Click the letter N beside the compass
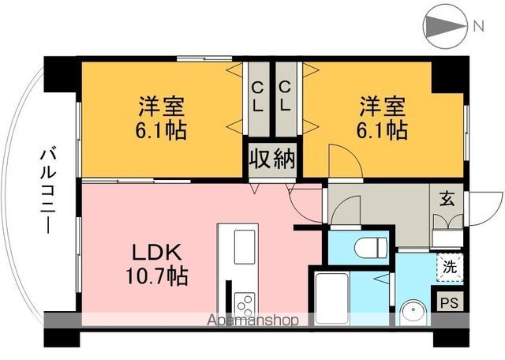(478, 26)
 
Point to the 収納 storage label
(272, 159)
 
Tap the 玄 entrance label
(447, 198)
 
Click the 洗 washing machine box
(448, 267)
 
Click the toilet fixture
(368, 249)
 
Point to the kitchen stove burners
(244, 303)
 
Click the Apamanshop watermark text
(253, 321)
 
